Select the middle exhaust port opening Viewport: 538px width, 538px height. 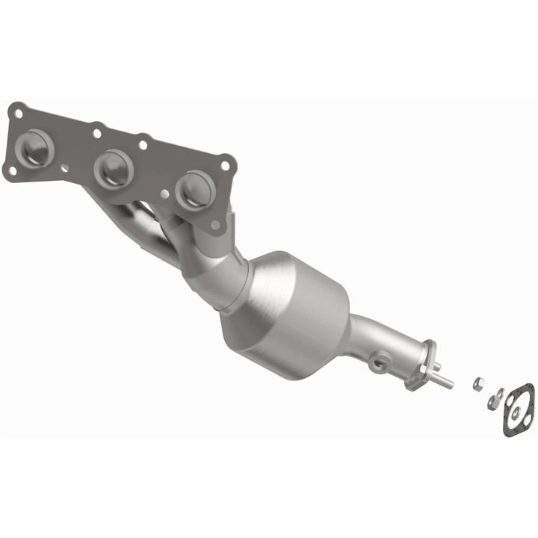114,169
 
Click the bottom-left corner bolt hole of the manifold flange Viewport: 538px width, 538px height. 12,171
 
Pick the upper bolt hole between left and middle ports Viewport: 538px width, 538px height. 96,134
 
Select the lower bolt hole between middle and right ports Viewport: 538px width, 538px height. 164,194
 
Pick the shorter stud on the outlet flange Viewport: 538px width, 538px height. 436,366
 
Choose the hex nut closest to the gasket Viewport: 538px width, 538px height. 494,400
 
